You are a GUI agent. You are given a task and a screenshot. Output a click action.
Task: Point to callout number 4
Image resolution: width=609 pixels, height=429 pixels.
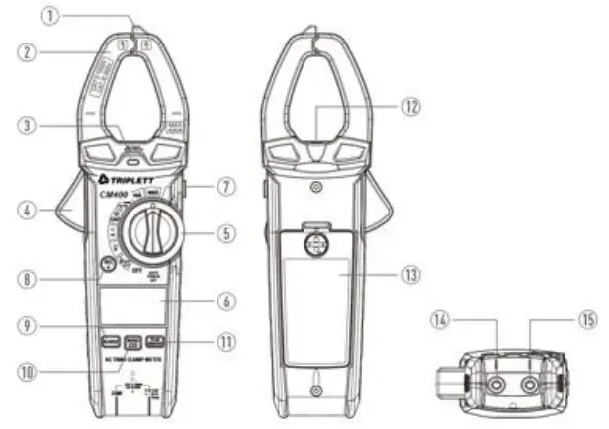coord(29,211)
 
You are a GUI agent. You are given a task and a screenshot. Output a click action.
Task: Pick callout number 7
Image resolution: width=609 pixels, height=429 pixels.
coord(226,185)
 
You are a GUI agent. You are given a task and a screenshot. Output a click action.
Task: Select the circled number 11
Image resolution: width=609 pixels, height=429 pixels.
coord(226,342)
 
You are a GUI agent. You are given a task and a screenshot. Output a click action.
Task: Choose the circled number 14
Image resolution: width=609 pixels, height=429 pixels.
coord(441,320)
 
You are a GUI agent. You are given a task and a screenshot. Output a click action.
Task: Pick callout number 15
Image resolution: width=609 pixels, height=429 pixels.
coord(580,320)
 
